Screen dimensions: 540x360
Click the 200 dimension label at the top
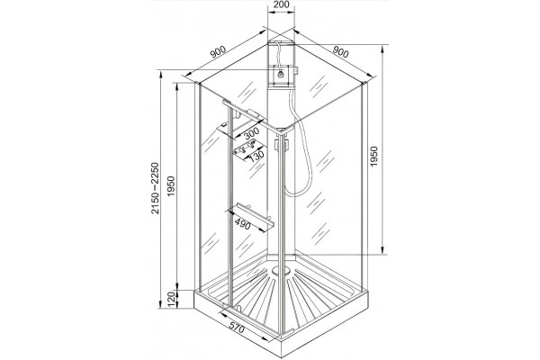[x=282, y=4]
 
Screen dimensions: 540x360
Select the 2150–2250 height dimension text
[x=156, y=188]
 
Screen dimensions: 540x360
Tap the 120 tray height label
[x=171, y=300]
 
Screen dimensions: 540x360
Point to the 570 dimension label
[x=236, y=328]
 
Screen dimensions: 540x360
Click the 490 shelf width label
[x=243, y=224]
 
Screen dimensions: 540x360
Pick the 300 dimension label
[x=251, y=132]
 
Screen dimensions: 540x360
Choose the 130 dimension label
[x=256, y=156]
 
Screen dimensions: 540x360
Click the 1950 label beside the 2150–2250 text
[x=171, y=186]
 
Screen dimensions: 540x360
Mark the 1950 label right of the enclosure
[x=374, y=157]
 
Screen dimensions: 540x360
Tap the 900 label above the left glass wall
[x=218, y=51]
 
